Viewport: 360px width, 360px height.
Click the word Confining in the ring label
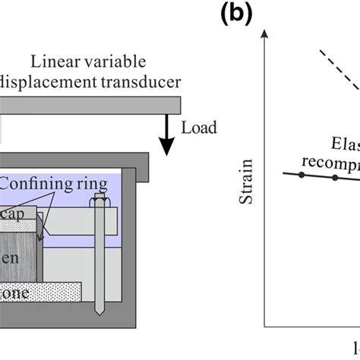point(37,182)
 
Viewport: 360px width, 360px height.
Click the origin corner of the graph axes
point(264,325)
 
